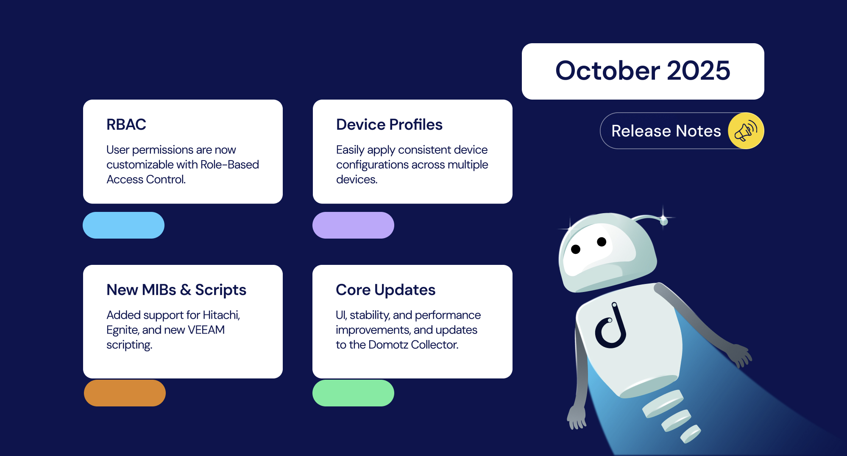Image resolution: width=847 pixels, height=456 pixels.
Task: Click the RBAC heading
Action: [x=126, y=125]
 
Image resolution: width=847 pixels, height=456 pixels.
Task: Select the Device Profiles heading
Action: [x=389, y=125]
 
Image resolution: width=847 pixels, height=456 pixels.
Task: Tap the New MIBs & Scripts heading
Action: [x=176, y=290]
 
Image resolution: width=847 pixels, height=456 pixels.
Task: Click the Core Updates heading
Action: [x=385, y=290]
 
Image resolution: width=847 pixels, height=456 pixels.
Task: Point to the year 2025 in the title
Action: [x=698, y=70]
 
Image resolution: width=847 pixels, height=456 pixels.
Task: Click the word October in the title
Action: [x=607, y=70]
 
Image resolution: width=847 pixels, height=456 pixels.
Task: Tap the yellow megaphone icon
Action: [x=746, y=131]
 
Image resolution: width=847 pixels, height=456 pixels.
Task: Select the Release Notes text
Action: [x=666, y=131]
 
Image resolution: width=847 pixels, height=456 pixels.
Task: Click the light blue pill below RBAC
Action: [x=123, y=225]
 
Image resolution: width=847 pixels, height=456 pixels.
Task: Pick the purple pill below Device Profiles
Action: [x=353, y=225]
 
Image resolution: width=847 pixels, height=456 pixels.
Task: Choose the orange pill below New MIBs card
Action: [x=125, y=393]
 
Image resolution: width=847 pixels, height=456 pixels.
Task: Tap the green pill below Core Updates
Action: [x=353, y=393]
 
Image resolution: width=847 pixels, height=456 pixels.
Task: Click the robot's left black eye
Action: [x=576, y=249]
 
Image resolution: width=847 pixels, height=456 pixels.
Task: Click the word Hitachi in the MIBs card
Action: [x=221, y=315]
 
